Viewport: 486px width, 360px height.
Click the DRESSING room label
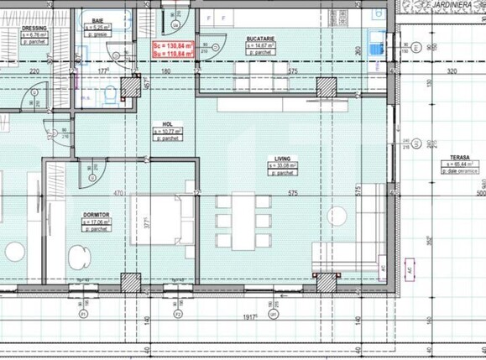(34, 28)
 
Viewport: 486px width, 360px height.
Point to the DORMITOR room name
(97, 216)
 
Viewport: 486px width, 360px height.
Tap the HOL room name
(168, 123)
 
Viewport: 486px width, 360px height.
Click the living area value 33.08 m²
(282, 166)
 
